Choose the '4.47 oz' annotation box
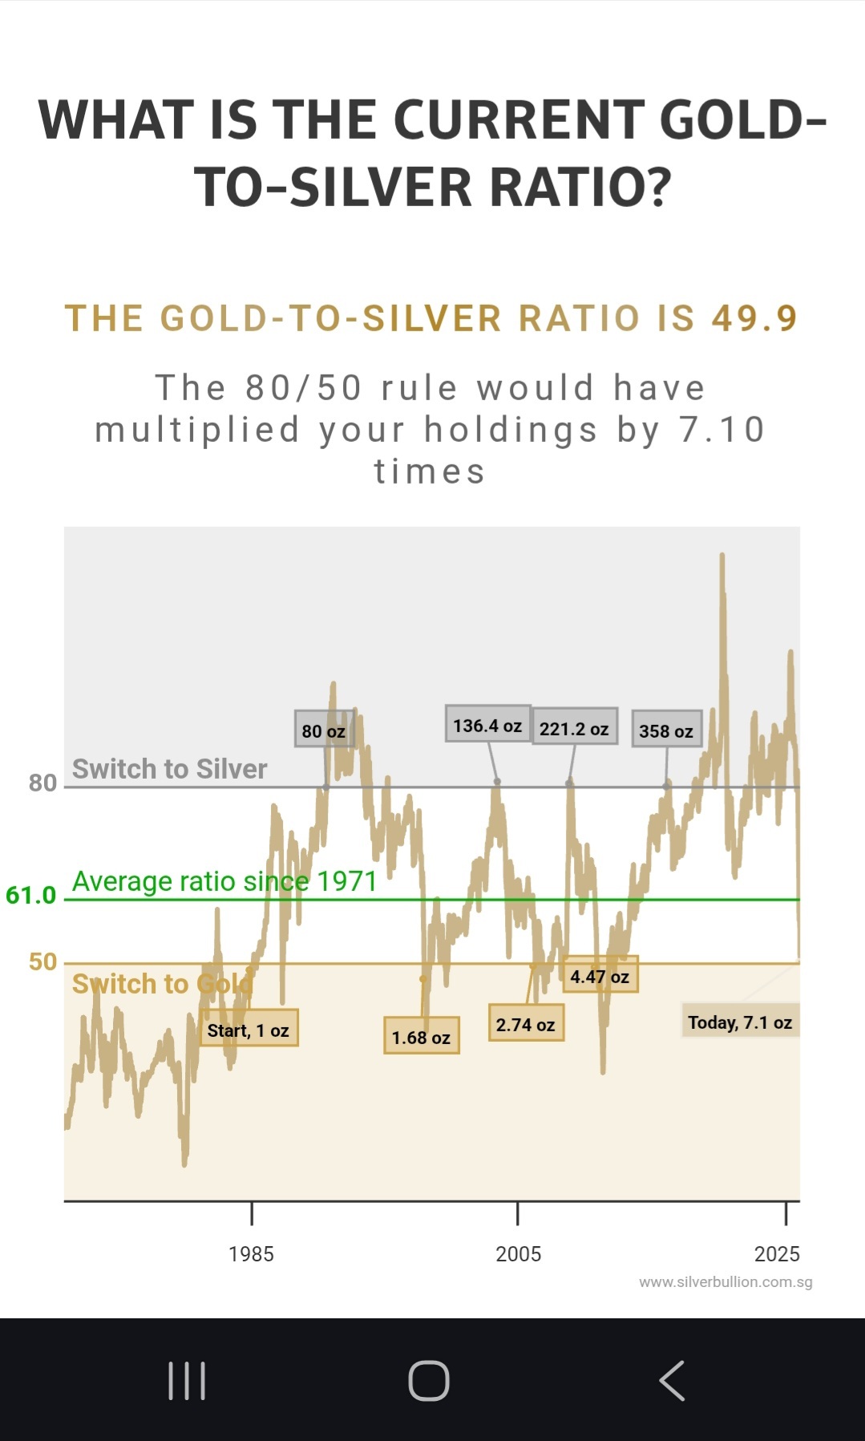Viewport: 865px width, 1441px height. (600, 975)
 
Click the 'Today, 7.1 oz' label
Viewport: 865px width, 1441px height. (740, 1021)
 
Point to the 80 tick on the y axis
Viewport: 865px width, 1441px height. (43, 783)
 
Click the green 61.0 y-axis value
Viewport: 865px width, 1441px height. (31, 895)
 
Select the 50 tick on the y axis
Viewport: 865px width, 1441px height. (43, 961)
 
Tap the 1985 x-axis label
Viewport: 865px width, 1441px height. (251, 1254)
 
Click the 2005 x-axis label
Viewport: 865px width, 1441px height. (518, 1254)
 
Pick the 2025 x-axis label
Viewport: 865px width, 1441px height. (777, 1254)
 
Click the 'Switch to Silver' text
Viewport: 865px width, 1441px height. (170, 769)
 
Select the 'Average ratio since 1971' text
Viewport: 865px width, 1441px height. (224, 881)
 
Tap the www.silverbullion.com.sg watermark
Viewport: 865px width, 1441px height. (726, 1281)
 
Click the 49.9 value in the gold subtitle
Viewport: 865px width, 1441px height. (754, 318)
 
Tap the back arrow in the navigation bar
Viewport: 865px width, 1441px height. (672, 1380)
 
